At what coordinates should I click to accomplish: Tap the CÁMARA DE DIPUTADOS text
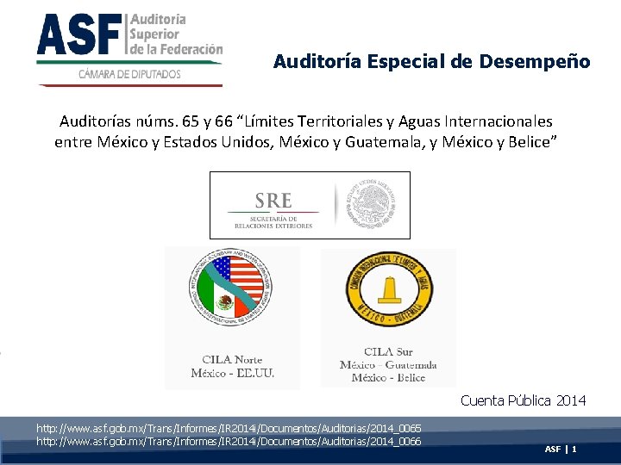(x=129, y=74)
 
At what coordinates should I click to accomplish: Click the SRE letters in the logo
(x=273, y=200)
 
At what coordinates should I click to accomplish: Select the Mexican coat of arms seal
(x=372, y=204)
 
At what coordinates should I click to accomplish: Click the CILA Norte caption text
(x=233, y=360)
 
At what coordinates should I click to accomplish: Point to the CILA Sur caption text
(x=388, y=351)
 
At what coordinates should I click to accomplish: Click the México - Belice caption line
(x=388, y=377)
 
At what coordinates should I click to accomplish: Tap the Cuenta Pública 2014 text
(x=523, y=400)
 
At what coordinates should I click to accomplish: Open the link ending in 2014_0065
(x=229, y=428)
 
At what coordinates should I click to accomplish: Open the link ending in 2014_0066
(x=229, y=441)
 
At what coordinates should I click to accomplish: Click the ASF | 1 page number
(x=561, y=449)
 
